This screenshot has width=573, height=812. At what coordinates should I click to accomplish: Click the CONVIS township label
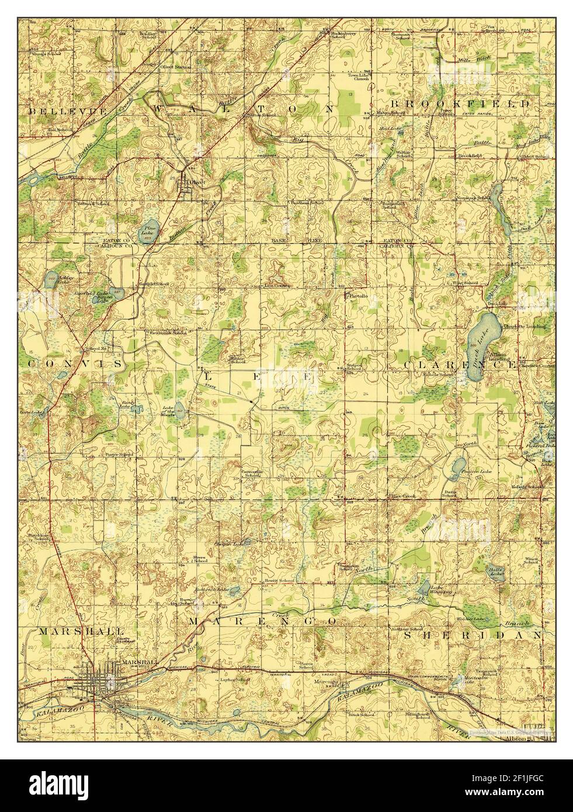(x=74, y=363)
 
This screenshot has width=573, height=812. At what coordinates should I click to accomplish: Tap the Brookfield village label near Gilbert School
(x=469, y=157)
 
